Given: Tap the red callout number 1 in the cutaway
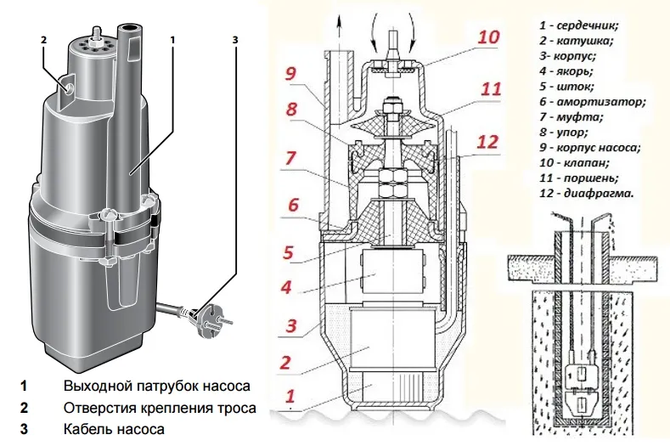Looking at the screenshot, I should tap(290, 395).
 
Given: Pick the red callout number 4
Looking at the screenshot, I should tap(290, 286).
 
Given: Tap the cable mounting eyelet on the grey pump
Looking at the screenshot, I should tap(68, 85).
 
